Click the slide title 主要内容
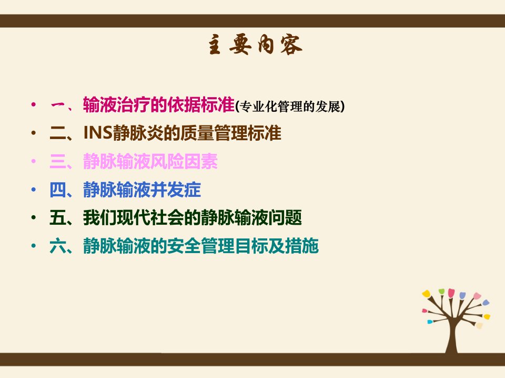point(255,45)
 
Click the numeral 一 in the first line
point(58,106)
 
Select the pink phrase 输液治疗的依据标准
point(158,105)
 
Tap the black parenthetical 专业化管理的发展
point(290,107)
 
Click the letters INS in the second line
point(98,133)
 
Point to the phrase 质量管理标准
point(231,133)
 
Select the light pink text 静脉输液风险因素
point(150,161)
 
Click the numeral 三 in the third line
point(58,161)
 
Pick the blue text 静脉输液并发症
point(142,190)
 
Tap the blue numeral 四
point(58,190)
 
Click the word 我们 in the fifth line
point(100,218)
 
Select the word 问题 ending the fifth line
point(285,218)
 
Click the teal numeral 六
point(58,246)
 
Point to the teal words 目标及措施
point(277,246)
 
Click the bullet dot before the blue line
point(34,190)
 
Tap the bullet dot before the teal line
point(34,246)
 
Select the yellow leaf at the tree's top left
point(427,293)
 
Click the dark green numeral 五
point(58,218)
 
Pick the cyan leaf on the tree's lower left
point(430,321)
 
